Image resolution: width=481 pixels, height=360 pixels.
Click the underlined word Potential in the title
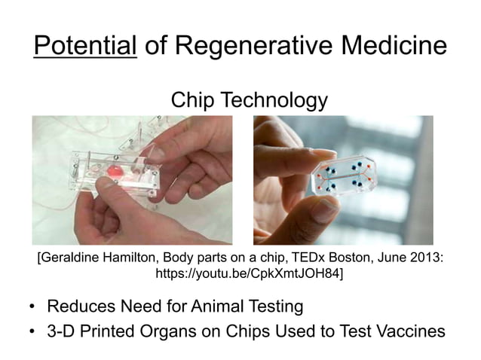[x=84, y=47]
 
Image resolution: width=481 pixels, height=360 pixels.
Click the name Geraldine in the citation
[x=75, y=258]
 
